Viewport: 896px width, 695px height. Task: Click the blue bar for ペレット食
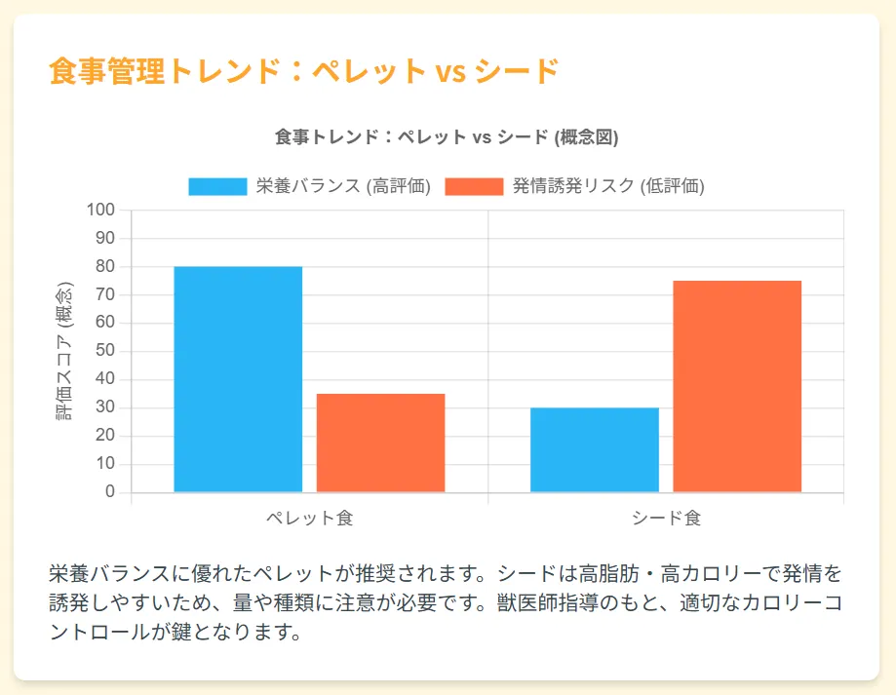pyautogui.click(x=238, y=379)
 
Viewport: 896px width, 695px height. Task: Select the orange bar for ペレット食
pyautogui.click(x=380, y=443)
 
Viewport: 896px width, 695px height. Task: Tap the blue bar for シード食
pyautogui.click(x=595, y=449)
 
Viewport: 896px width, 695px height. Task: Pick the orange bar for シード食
pyautogui.click(x=737, y=386)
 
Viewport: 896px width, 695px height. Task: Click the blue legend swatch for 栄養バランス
pyautogui.click(x=217, y=187)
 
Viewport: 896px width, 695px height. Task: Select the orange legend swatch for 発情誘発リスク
pyautogui.click(x=474, y=187)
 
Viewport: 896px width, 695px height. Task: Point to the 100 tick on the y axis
pyautogui.click(x=101, y=211)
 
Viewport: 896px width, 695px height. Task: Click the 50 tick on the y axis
pyautogui.click(x=105, y=351)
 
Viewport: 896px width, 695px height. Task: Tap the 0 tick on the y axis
pyautogui.click(x=110, y=492)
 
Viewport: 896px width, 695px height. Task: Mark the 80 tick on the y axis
pyautogui.click(x=105, y=267)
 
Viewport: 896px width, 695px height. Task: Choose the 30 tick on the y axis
pyautogui.click(x=105, y=407)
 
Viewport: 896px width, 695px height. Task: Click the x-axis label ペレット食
pyautogui.click(x=309, y=519)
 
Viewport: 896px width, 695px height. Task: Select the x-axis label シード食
pyautogui.click(x=666, y=519)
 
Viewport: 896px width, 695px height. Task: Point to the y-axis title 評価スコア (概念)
pyautogui.click(x=64, y=351)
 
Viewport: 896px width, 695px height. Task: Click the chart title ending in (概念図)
pyautogui.click(x=447, y=137)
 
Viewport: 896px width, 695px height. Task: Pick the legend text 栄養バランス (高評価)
pyautogui.click(x=343, y=187)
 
